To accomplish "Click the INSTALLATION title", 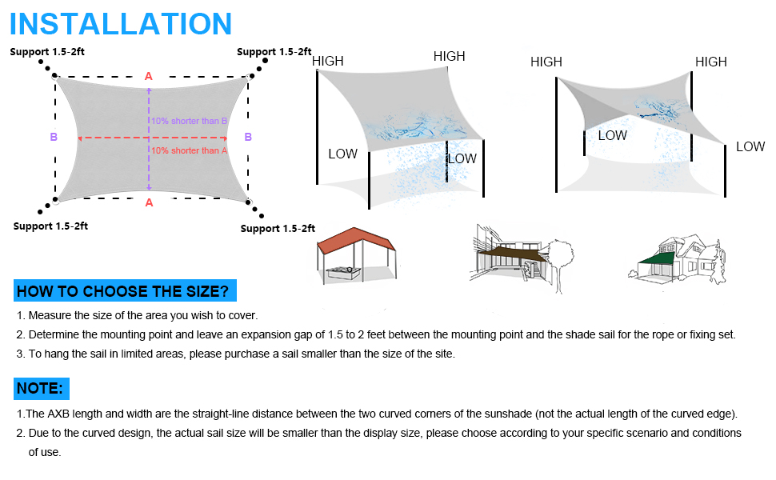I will click(121, 24).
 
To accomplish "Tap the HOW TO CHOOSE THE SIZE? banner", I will click(125, 291).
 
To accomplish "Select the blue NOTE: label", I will click(41, 389).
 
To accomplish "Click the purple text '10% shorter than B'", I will click(190, 121).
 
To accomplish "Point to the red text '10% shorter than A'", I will click(190, 150).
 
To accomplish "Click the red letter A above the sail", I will click(148, 77).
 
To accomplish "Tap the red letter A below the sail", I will click(149, 203).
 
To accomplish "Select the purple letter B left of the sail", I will click(54, 137).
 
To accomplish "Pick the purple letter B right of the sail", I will click(248, 137).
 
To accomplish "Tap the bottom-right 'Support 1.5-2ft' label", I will click(278, 229).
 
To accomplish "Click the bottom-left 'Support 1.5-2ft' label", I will click(50, 226).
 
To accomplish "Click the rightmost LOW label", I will click(750, 146).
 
